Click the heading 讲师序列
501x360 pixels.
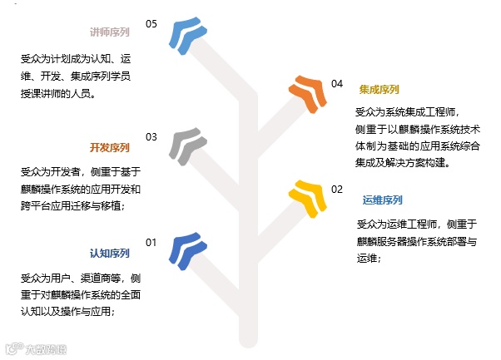(x=110, y=33)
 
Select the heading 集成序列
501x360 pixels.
(x=379, y=89)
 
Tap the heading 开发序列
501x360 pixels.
(x=110, y=148)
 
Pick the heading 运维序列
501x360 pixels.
(x=383, y=200)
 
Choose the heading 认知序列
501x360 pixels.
(x=110, y=253)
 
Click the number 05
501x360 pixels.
(x=151, y=24)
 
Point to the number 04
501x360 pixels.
(x=337, y=84)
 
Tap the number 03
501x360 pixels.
(x=151, y=137)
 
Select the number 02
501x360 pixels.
(x=337, y=190)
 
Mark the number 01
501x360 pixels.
(x=151, y=242)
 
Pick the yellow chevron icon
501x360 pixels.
(x=306, y=200)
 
